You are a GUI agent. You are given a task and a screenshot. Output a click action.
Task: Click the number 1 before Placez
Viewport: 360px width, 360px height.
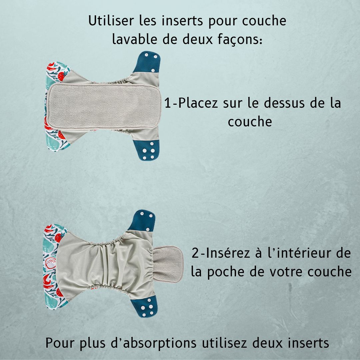click(168, 103)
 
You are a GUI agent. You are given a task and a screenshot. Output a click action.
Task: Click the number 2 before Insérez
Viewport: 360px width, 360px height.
click(195, 253)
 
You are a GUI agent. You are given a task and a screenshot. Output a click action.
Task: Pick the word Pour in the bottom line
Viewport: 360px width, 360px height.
click(60, 343)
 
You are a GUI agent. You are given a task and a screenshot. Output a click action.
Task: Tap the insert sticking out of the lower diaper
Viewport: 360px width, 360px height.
click(168, 264)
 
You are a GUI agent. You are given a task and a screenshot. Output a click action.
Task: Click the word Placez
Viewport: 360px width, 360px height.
click(198, 103)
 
